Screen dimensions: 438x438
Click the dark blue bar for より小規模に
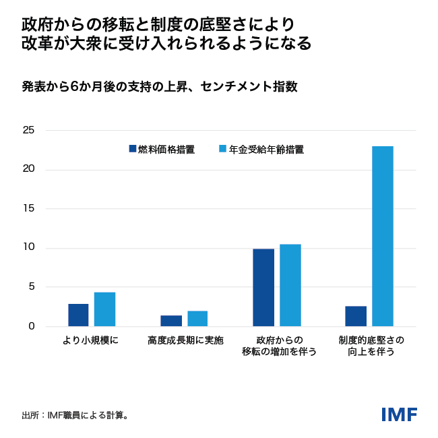[x=78, y=315]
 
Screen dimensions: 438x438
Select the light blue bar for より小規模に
[x=104, y=309]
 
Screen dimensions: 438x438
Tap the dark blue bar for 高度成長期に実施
[x=171, y=321]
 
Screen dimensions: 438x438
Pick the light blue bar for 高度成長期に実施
[x=197, y=319]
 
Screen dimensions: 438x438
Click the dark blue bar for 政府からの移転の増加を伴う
[x=263, y=288]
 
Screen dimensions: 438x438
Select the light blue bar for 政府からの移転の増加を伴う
[x=290, y=285]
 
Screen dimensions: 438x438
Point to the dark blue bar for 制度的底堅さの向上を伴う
[x=356, y=316]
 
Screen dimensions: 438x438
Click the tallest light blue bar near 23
[x=382, y=237]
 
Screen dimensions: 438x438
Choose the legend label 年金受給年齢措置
[x=266, y=150]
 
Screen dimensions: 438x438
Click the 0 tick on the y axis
[x=31, y=327]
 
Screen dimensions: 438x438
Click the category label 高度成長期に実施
[x=185, y=340]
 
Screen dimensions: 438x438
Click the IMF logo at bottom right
[x=399, y=414]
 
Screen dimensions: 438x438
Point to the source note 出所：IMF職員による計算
[x=75, y=415]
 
